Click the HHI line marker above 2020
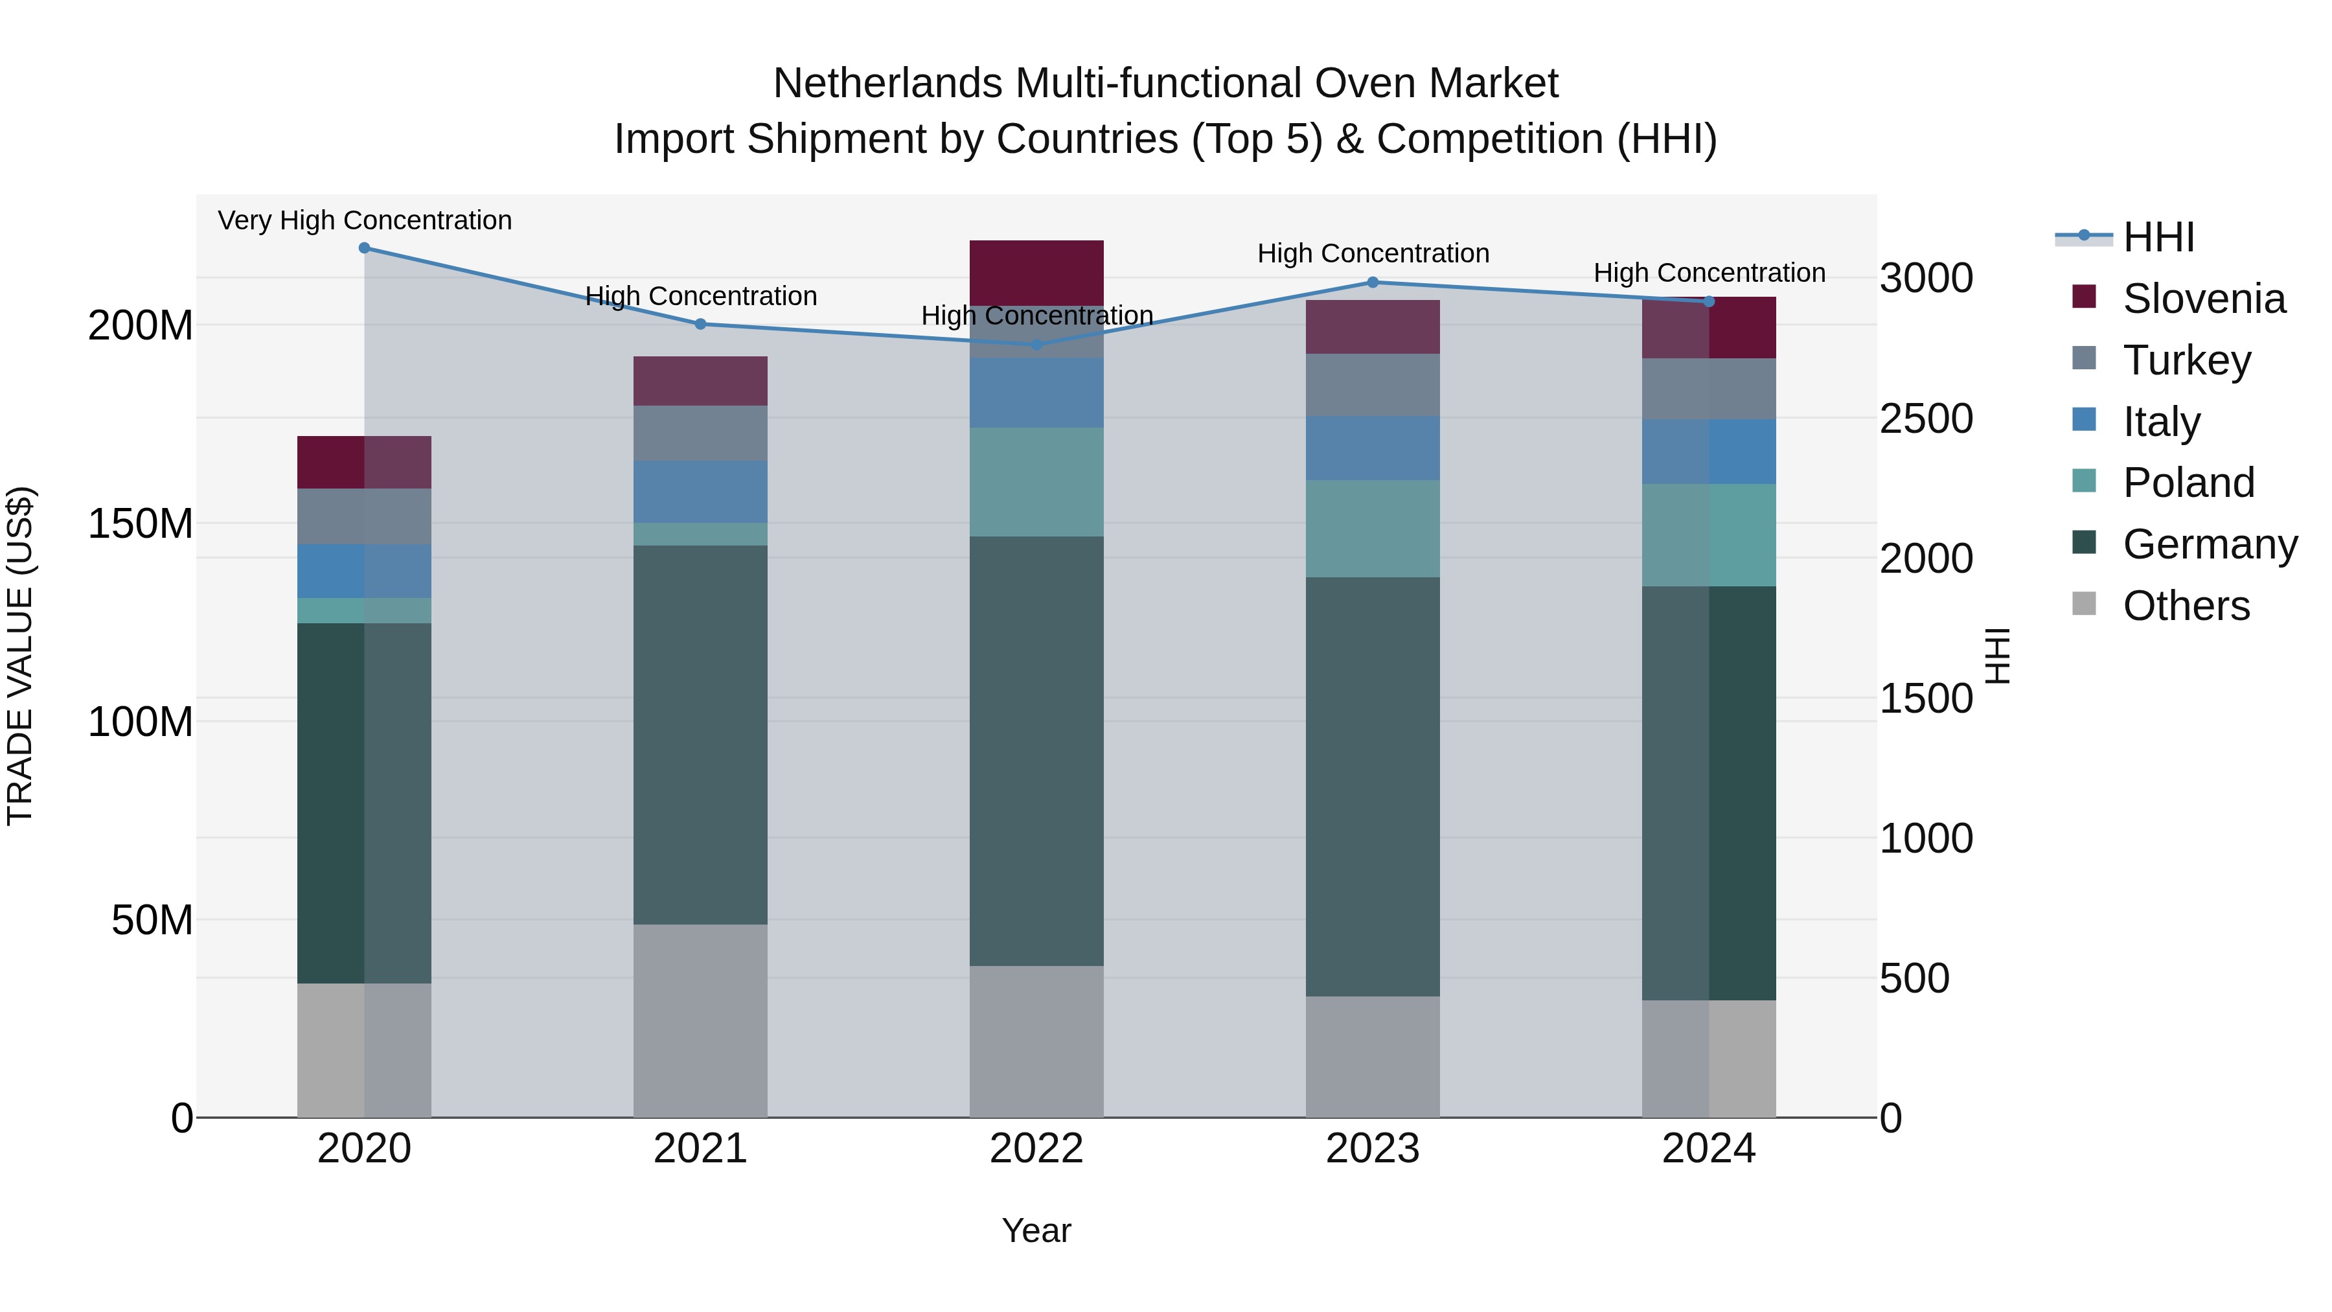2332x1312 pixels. coord(364,248)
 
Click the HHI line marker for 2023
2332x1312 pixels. coord(1373,282)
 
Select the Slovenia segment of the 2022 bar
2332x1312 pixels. coord(1036,273)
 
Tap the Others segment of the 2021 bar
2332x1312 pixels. coord(700,1020)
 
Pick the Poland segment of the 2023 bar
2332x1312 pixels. coord(1373,529)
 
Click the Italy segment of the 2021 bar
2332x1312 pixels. coord(700,492)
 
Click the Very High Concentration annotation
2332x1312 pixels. coord(365,221)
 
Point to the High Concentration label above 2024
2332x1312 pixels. coord(1709,273)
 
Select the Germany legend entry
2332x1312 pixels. coord(2209,544)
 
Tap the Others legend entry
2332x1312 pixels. coord(2186,606)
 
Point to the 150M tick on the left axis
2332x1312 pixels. coord(141,524)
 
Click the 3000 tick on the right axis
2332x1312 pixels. coord(1926,278)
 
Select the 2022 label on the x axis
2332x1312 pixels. coord(1036,1149)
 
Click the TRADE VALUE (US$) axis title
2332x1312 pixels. coord(20,656)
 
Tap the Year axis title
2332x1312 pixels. coord(1036,1230)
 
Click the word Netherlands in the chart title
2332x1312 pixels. coord(887,84)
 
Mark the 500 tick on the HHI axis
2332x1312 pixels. coord(1915,979)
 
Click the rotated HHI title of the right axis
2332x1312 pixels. coord(1996,656)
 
